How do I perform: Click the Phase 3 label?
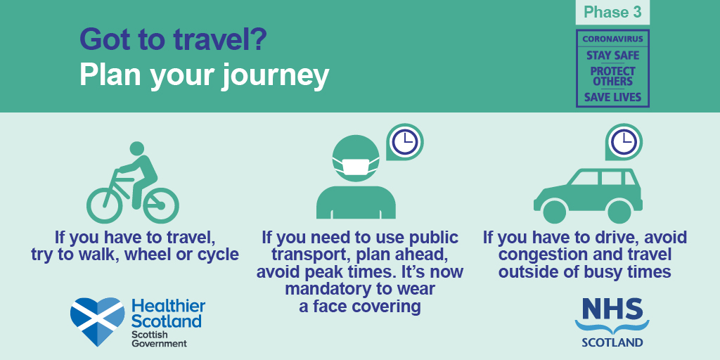pos(612,13)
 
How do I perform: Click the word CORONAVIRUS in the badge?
pos(612,39)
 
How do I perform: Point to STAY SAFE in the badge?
pos(612,56)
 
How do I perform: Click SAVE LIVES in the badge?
pos(612,97)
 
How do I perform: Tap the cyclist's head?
pos(137,148)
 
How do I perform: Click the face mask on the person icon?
pos(356,166)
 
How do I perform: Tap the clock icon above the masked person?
pos(404,141)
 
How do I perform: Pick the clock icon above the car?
pos(624,141)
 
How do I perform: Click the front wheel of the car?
pos(554,212)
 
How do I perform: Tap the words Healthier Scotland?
pos(167,314)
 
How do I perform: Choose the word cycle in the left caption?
pos(216,255)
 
